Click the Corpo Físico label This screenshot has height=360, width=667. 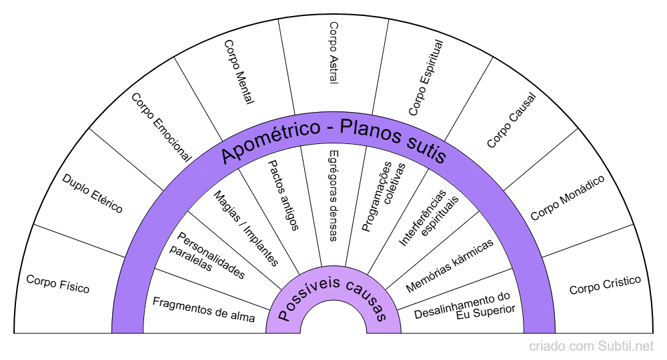(x=57, y=284)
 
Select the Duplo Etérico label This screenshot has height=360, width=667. (x=93, y=193)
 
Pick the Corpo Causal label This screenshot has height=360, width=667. (x=512, y=121)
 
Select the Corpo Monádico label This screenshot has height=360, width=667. (x=568, y=197)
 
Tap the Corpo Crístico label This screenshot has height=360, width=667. (x=605, y=285)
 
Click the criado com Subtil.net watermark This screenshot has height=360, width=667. (x=592, y=347)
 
